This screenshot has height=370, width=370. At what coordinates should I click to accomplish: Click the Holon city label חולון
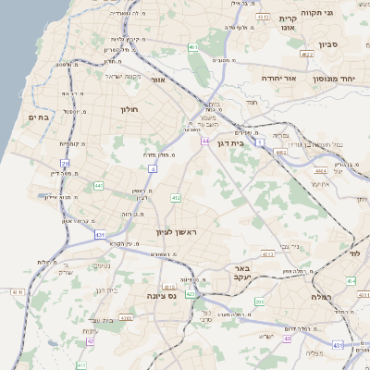tap(129, 109)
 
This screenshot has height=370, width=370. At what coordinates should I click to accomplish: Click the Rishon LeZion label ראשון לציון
tap(172, 233)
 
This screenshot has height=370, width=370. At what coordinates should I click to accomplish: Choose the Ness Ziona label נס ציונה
tap(163, 296)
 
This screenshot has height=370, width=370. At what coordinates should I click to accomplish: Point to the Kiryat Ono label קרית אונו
tap(288, 23)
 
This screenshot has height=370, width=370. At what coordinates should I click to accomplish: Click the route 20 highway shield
tap(66, 163)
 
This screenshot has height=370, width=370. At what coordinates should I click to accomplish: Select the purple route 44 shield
tap(205, 142)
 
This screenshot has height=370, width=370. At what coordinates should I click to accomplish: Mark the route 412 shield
tap(176, 198)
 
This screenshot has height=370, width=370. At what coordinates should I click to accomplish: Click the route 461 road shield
tap(192, 47)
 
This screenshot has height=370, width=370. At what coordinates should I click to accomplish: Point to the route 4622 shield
tap(308, 55)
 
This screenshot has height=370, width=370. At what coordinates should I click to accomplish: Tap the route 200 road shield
tap(260, 302)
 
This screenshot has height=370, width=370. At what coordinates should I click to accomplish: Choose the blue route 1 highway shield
tap(261, 142)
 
